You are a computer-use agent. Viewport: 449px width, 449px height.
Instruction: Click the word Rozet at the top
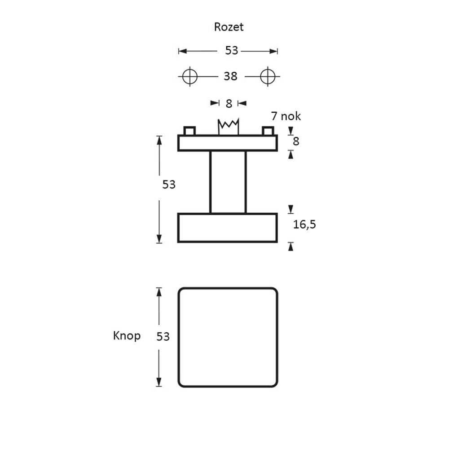[229, 27]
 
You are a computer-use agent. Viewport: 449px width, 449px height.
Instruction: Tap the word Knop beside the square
[127, 336]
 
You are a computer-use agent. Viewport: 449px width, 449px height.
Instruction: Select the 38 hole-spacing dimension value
[230, 77]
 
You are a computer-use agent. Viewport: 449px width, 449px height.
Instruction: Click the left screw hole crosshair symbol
[190, 76]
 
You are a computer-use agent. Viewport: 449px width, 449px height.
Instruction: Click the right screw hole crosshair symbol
[268, 76]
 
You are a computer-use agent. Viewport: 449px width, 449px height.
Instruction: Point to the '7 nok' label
[286, 116]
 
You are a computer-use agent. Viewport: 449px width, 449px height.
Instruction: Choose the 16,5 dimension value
[304, 224]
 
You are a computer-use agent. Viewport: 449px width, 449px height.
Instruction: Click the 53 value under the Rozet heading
[231, 51]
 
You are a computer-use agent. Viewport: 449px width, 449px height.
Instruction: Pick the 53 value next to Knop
[163, 336]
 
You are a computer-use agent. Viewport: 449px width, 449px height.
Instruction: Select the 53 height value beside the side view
[169, 185]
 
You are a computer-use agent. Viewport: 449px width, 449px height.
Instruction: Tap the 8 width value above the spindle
[229, 104]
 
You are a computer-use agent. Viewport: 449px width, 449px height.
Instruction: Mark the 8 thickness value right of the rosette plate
[296, 141]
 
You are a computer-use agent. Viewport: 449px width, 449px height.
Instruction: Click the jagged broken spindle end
[228, 126]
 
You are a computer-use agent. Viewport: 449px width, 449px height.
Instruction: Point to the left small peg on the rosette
[189, 131]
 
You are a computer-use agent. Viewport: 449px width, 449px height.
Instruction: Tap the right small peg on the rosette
[268, 131]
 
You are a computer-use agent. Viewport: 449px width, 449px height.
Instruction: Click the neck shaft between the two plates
[228, 182]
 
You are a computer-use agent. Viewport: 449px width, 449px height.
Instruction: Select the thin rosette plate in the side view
[228, 143]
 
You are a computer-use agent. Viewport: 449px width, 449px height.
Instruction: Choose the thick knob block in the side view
[228, 228]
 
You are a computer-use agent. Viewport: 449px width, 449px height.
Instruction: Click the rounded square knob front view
[228, 337]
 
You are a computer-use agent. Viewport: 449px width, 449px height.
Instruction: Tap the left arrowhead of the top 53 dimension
[182, 51]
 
